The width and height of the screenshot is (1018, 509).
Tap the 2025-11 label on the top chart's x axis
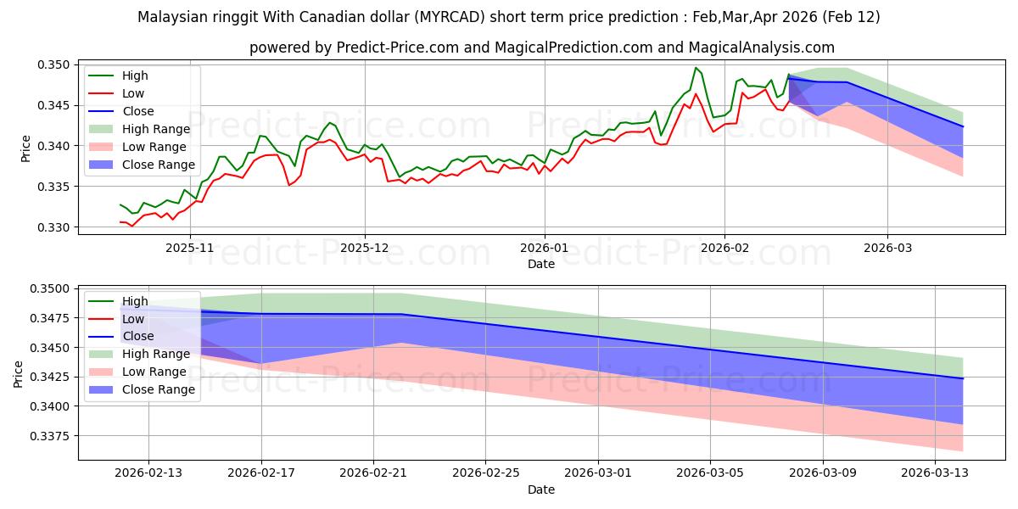click(189, 248)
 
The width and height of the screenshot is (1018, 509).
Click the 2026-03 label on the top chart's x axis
click(887, 248)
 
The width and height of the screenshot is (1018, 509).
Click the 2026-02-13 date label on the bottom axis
click(148, 473)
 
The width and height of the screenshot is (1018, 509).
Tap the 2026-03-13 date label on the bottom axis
click(936, 473)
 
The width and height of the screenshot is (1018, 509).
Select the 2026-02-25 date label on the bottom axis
click(485, 473)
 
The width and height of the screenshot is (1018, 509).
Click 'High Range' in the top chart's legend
click(157, 129)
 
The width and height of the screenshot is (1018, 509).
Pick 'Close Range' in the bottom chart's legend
click(159, 389)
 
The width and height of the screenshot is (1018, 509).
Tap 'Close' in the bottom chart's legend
click(138, 336)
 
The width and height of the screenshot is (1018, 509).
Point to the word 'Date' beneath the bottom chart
click(541, 489)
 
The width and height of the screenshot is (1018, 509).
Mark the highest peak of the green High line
click(696, 68)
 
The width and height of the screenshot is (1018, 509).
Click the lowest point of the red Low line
click(131, 226)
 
